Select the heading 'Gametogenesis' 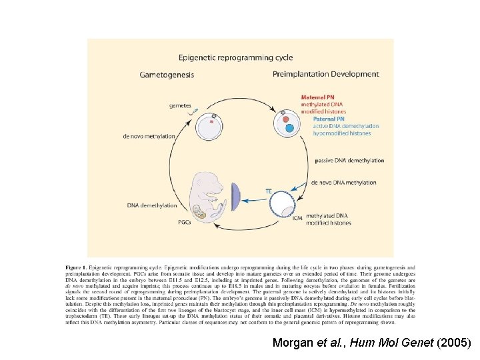pyautogui.click(x=167, y=75)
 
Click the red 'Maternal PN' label pyautogui.click(x=317, y=97)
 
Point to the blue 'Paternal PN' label pyautogui.click(x=317, y=119)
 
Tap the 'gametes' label pyautogui.click(x=180, y=105)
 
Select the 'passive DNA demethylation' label pyautogui.click(x=350, y=161)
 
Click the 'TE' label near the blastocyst pyautogui.click(x=269, y=191)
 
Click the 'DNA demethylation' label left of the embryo pyautogui.click(x=152, y=205)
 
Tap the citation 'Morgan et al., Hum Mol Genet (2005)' pyautogui.click(x=372, y=343)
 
